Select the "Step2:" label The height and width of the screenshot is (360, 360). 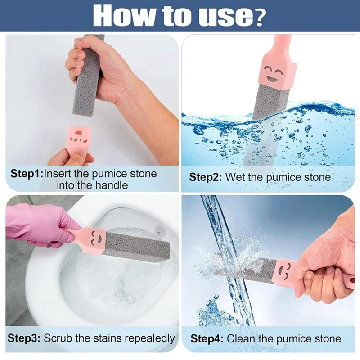pyautogui.click(x=206, y=177)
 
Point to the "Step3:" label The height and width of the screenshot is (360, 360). pyautogui.click(x=24, y=338)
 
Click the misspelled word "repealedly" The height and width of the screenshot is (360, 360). pyautogui.click(x=148, y=338)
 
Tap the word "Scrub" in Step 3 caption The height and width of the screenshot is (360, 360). pyautogui.click(x=57, y=338)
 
